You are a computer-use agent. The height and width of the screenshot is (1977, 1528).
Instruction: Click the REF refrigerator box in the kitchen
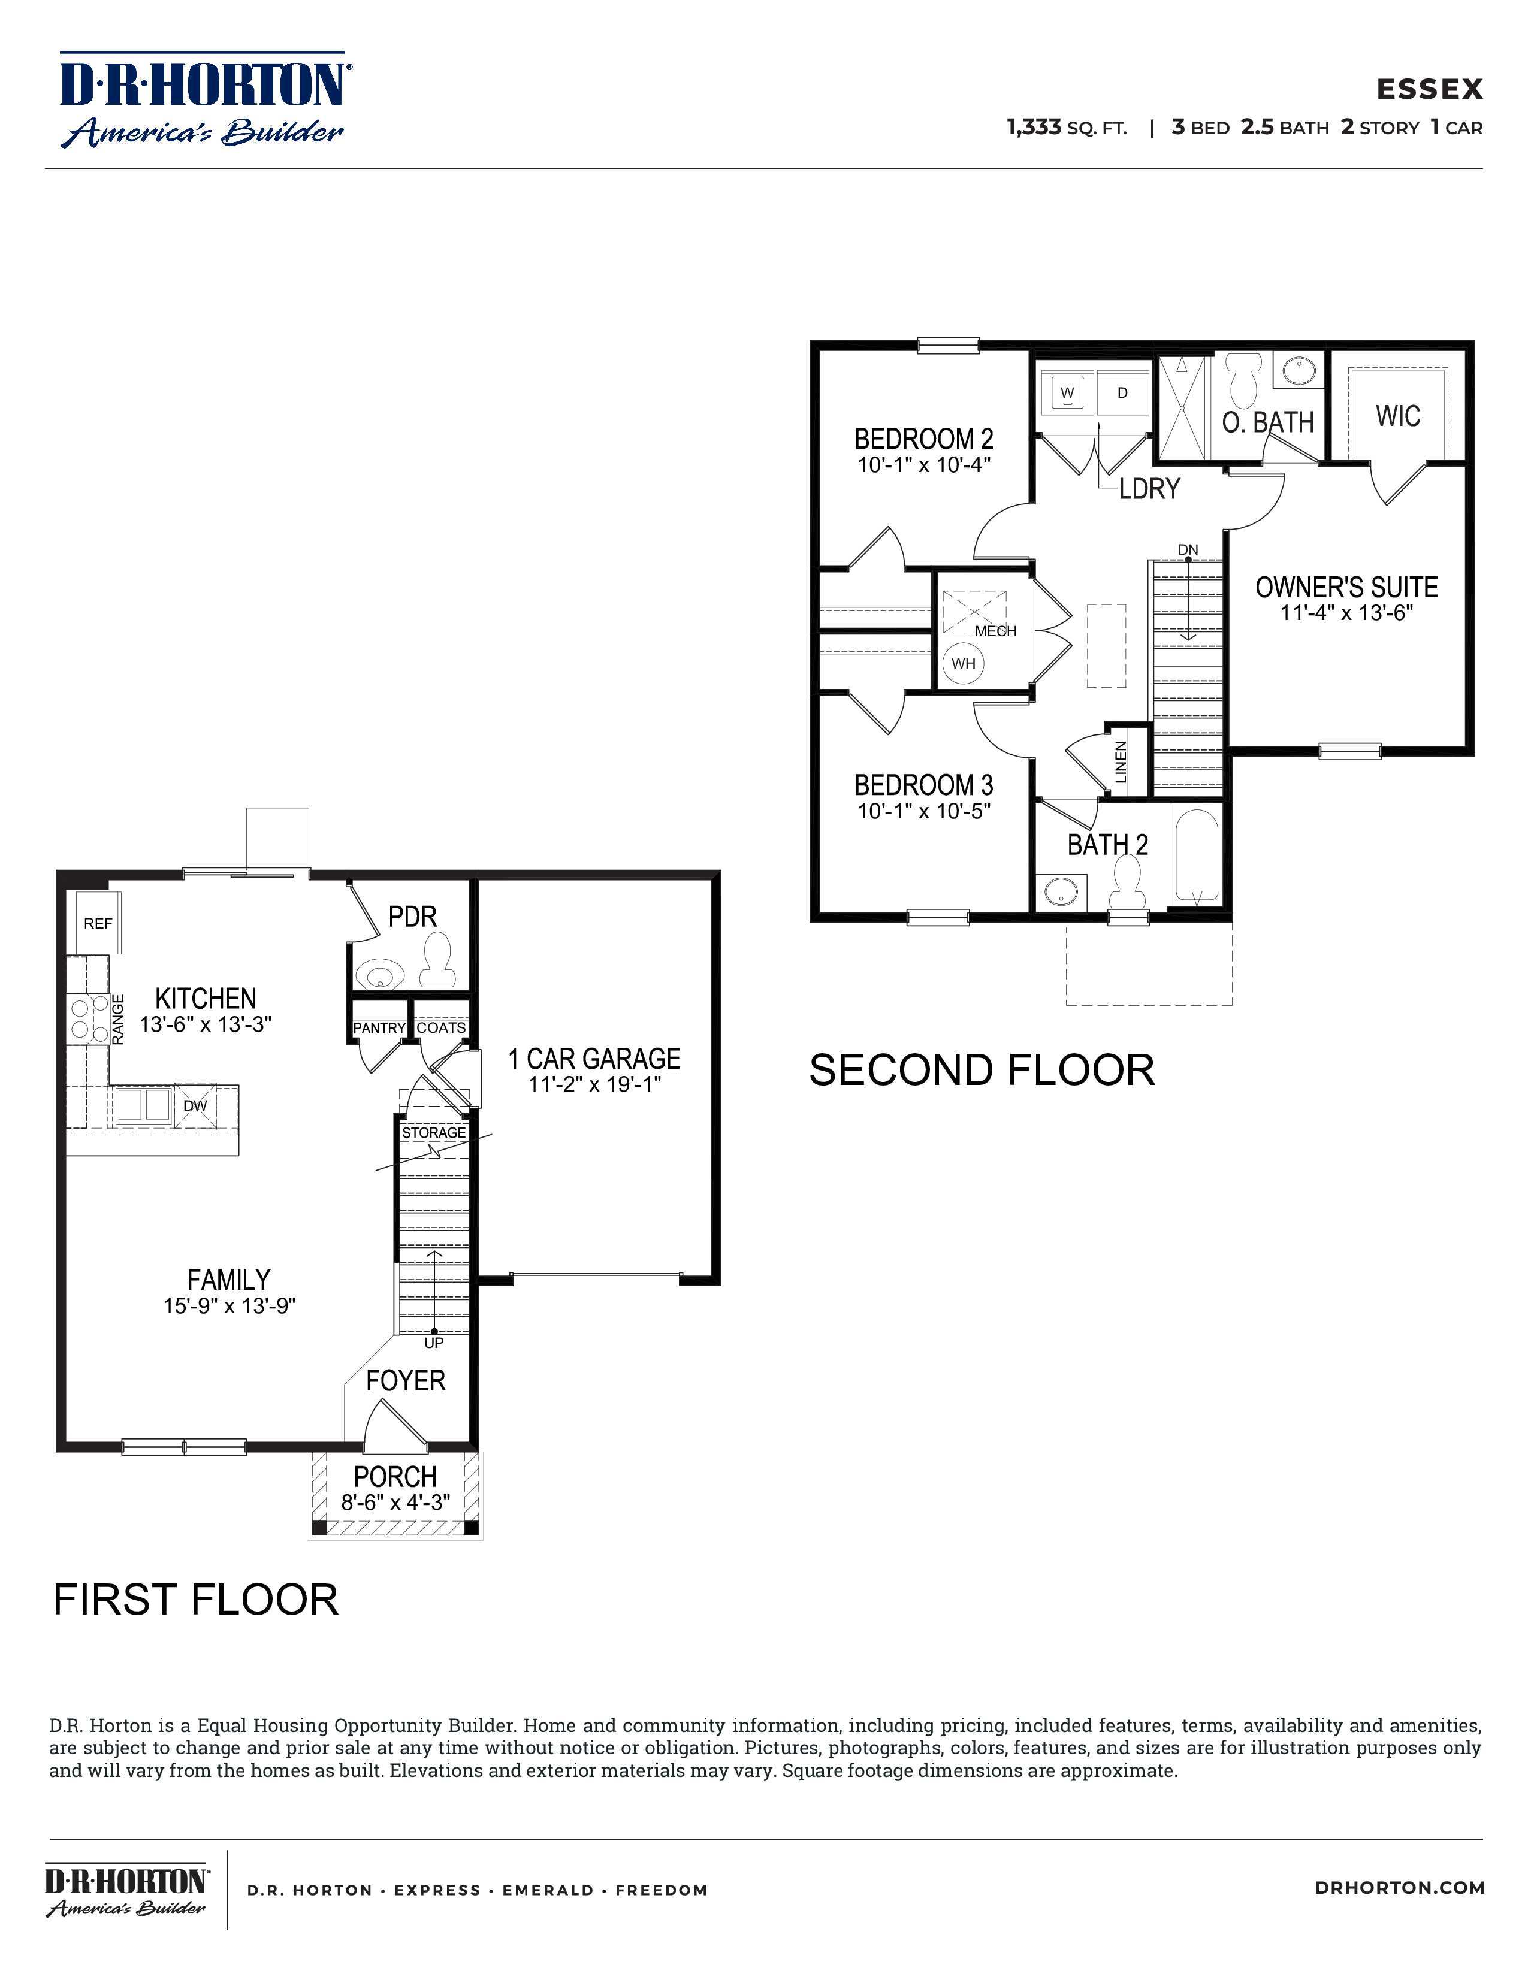98,923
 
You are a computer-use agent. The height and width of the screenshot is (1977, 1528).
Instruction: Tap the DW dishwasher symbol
195,1105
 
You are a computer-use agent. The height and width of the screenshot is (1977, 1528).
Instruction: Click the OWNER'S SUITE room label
1346,587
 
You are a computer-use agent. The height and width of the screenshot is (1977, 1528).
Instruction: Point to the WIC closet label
1397,416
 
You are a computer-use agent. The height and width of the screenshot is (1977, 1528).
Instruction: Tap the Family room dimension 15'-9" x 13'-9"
230,1305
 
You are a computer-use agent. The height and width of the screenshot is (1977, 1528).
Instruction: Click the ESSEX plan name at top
1429,89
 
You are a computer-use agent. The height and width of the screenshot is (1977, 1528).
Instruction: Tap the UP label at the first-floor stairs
434,1343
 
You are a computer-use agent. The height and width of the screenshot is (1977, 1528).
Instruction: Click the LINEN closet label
1121,762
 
